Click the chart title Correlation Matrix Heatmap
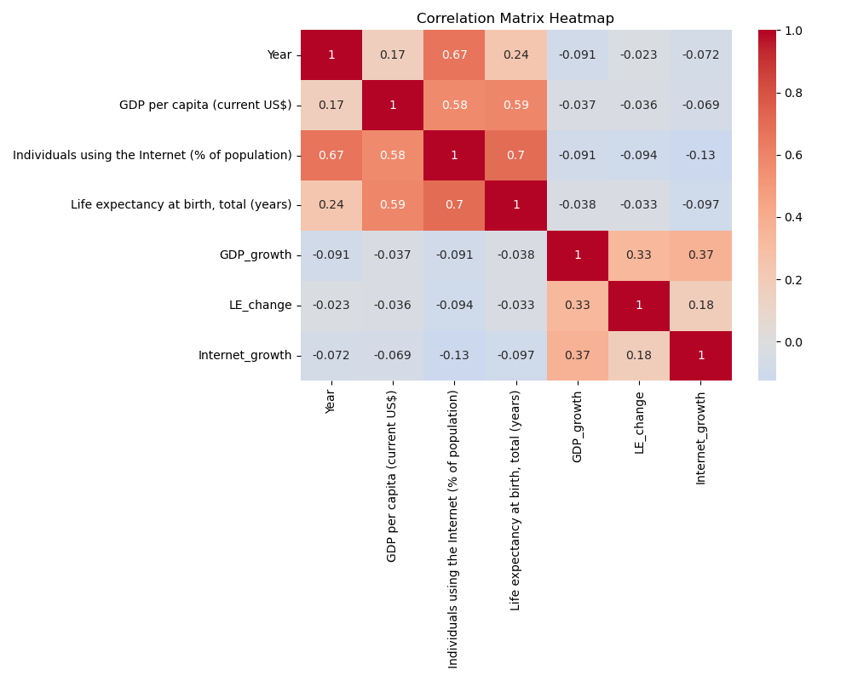[x=515, y=19]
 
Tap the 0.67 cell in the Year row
[x=454, y=55]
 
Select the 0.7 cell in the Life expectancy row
[x=454, y=205]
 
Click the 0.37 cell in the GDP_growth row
[x=700, y=255]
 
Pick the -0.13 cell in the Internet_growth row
[x=454, y=355]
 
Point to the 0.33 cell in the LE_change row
[x=577, y=306]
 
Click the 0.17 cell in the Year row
[x=393, y=55]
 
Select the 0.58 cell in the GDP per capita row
[x=454, y=106]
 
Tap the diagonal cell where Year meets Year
[x=331, y=55]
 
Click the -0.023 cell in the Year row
[x=639, y=55]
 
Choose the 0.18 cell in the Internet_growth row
[x=639, y=355]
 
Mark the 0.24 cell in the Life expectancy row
[x=331, y=205]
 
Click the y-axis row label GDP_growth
[x=255, y=255]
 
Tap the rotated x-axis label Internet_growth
[x=700, y=438]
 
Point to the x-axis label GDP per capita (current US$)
[x=393, y=476]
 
